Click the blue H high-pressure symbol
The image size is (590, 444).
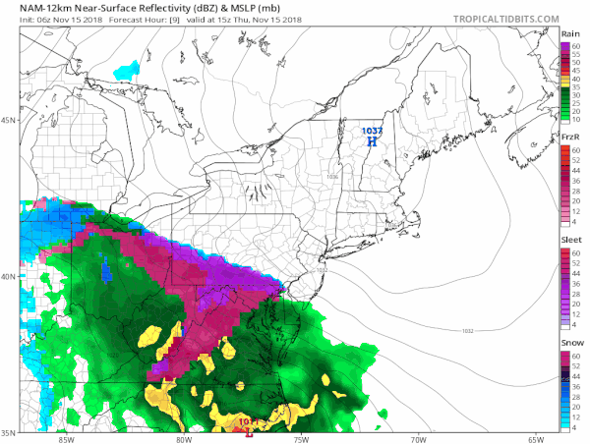(372, 141)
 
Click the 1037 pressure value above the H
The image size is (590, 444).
(372, 130)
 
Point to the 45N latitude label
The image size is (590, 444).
(10, 121)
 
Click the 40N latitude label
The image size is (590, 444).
(10, 276)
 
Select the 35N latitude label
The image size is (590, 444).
(10, 432)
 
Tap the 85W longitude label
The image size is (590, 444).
(67, 438)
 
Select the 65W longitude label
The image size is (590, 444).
(536, 438)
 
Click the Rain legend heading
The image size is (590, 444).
(570, 34)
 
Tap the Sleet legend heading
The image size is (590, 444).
(569, 240)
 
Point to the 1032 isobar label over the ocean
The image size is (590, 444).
(467, 330)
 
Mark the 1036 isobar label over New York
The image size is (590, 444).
(331, 177)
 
